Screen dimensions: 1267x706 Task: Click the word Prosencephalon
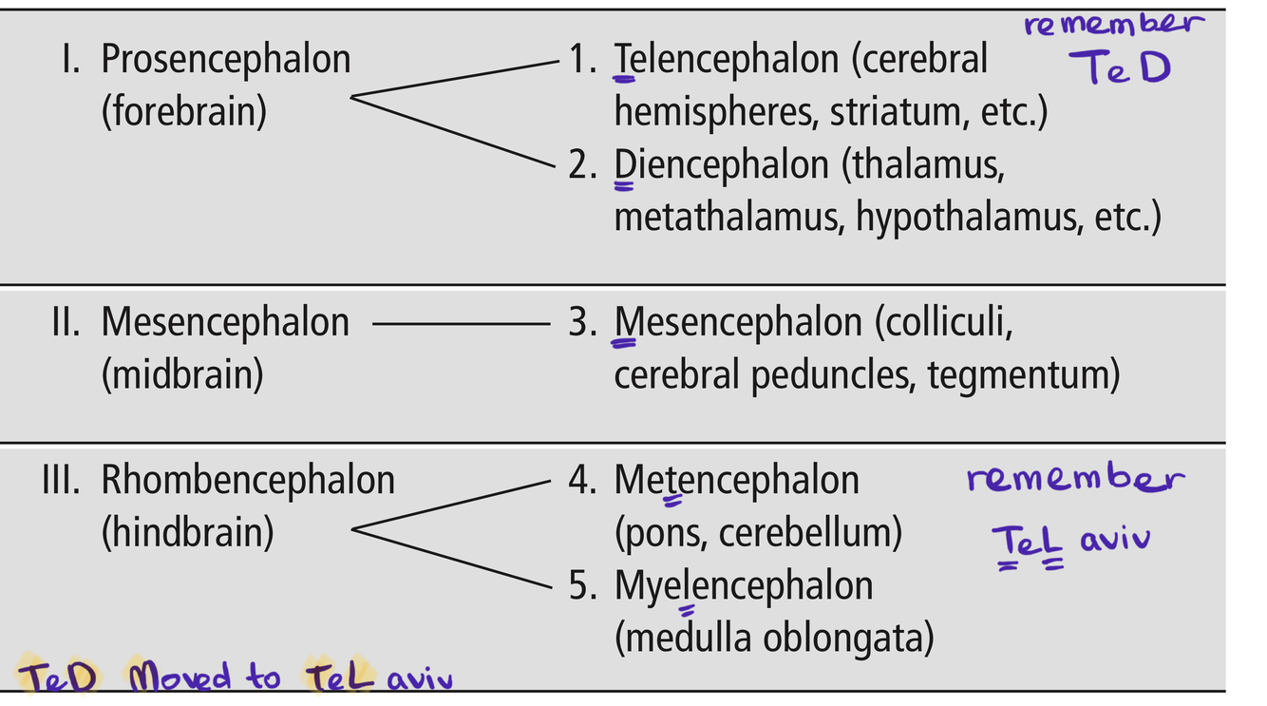[x=225, y=60]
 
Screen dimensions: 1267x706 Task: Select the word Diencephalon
[x=721, y=165]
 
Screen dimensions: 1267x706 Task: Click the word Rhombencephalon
[x=248, y=480]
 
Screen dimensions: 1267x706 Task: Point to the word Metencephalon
[x=736, y=480]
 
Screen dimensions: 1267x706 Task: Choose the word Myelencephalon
[x=743, y=585]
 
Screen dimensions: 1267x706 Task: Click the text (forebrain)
[x=183, y=112]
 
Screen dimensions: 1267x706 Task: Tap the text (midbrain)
[x=181, y=375]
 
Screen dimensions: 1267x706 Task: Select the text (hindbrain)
[x=187, y=532]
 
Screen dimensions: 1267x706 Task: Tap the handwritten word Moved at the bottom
[x=180, y=677]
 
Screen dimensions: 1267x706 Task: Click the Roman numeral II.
[x=66, y=323]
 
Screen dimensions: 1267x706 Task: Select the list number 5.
[x=582, y=586]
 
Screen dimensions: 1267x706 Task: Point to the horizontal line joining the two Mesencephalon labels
[x=461, y=324]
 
